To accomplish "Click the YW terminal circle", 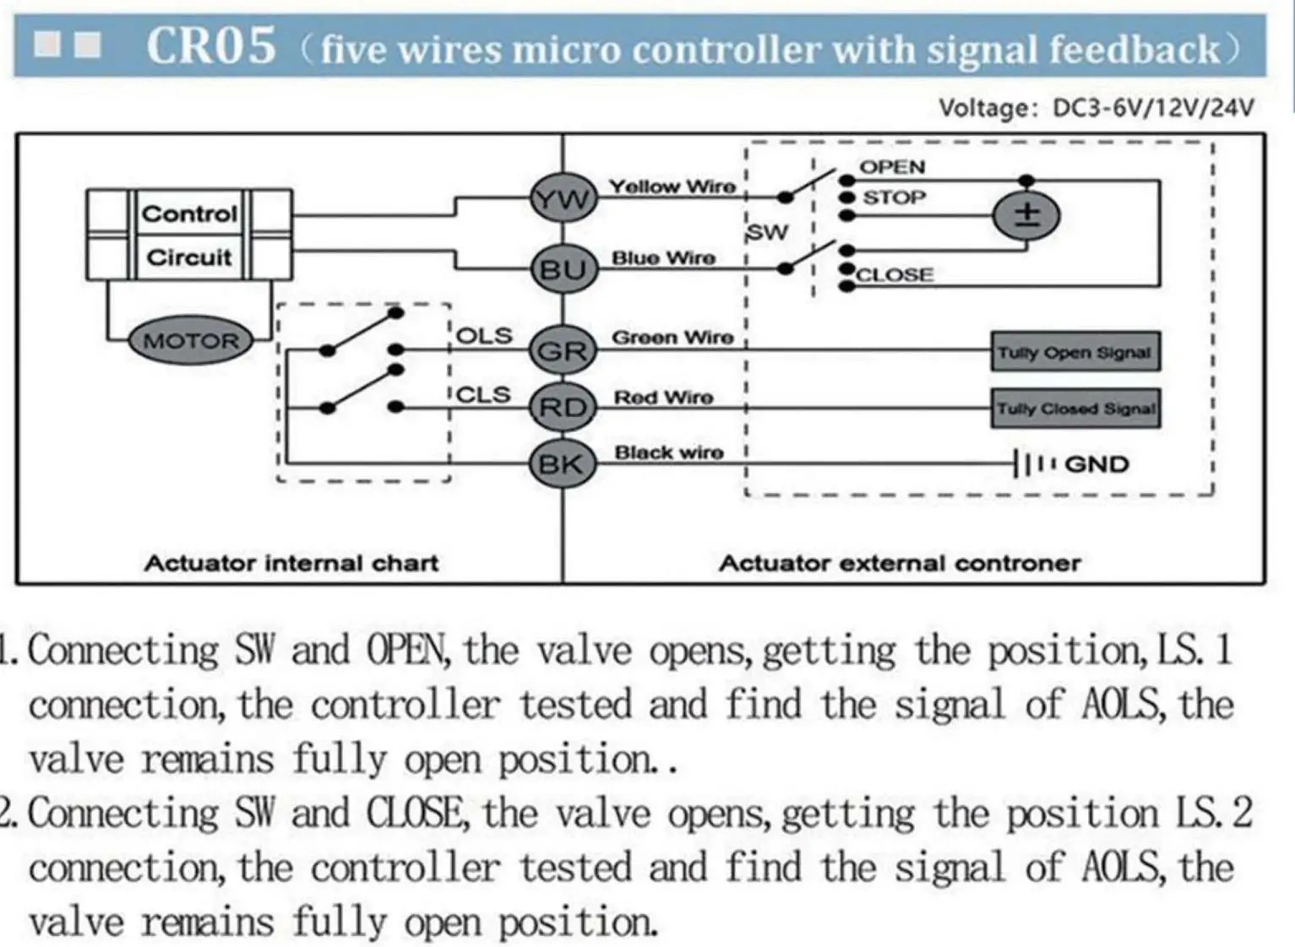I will coord(563,199).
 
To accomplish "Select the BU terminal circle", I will coord(563,270).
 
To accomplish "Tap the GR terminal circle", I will coord(563,349).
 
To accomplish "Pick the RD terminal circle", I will coord(563,408).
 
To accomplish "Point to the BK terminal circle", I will coord(562,463).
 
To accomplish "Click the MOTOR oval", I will coord(191,341).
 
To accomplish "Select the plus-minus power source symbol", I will coord(1026,214).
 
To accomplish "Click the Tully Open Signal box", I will coord(1075,352).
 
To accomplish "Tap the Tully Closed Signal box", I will coord(1075,409).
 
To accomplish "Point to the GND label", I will coord(1096,464).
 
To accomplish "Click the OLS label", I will coord(484,336).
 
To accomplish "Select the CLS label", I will coord(484,395).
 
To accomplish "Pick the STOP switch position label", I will coord(894,198).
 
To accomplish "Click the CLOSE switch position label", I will coord(895,275).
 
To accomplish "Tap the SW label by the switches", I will coord(767,232).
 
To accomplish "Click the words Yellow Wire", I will coord(672,187).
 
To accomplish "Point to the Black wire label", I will coord(668,453).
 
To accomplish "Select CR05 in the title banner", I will coord(211,46).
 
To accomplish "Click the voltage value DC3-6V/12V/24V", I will coord(1153,108).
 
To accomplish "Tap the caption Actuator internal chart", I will coord(291,563).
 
